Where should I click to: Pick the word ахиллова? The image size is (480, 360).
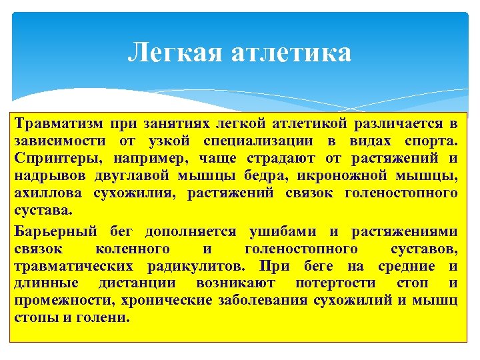(x=48, y=193)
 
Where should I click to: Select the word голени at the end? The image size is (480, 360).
(x=107, y=318)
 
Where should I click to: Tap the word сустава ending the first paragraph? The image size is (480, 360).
(x=39, y=211)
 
